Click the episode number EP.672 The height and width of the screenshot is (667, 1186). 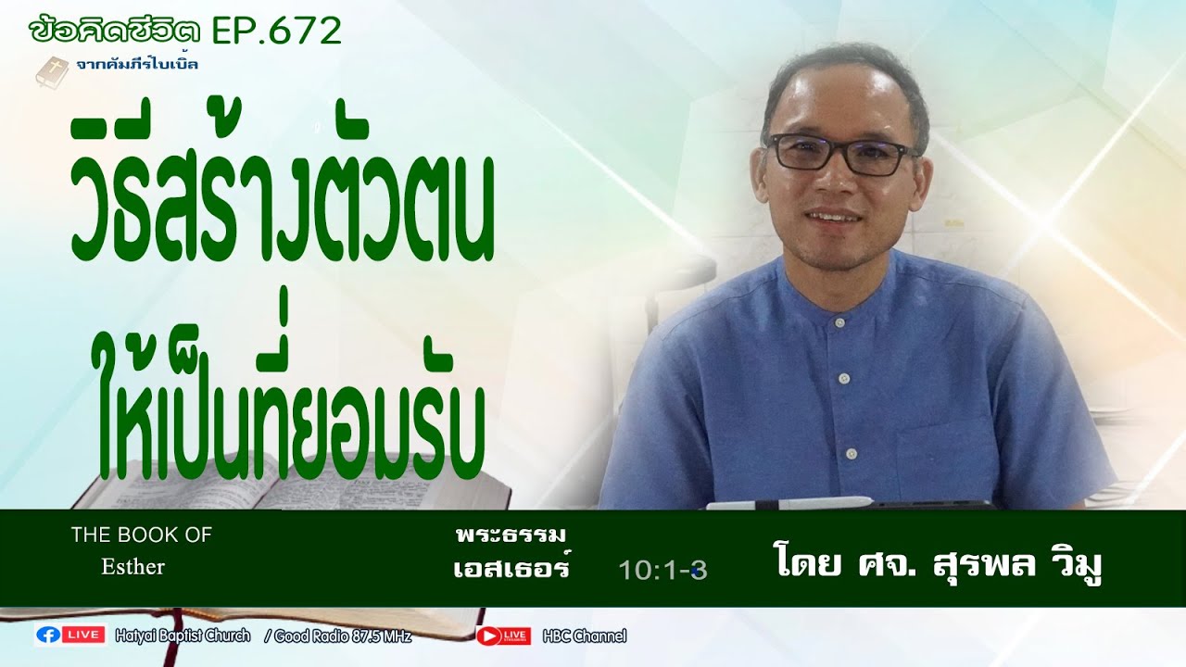pos(276,31)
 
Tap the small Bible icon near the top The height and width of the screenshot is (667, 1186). pos(52,71)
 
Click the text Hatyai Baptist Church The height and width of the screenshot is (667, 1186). pos(183,636)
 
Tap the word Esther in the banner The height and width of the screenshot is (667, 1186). pos(132,567)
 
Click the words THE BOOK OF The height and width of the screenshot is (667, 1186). pos(141,535)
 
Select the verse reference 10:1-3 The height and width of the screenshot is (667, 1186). pos(662,571)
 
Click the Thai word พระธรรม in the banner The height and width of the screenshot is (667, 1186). pos(511,535)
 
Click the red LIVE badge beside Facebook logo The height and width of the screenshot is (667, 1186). pos(83,636)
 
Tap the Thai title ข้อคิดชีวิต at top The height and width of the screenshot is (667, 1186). pos(115,31)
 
